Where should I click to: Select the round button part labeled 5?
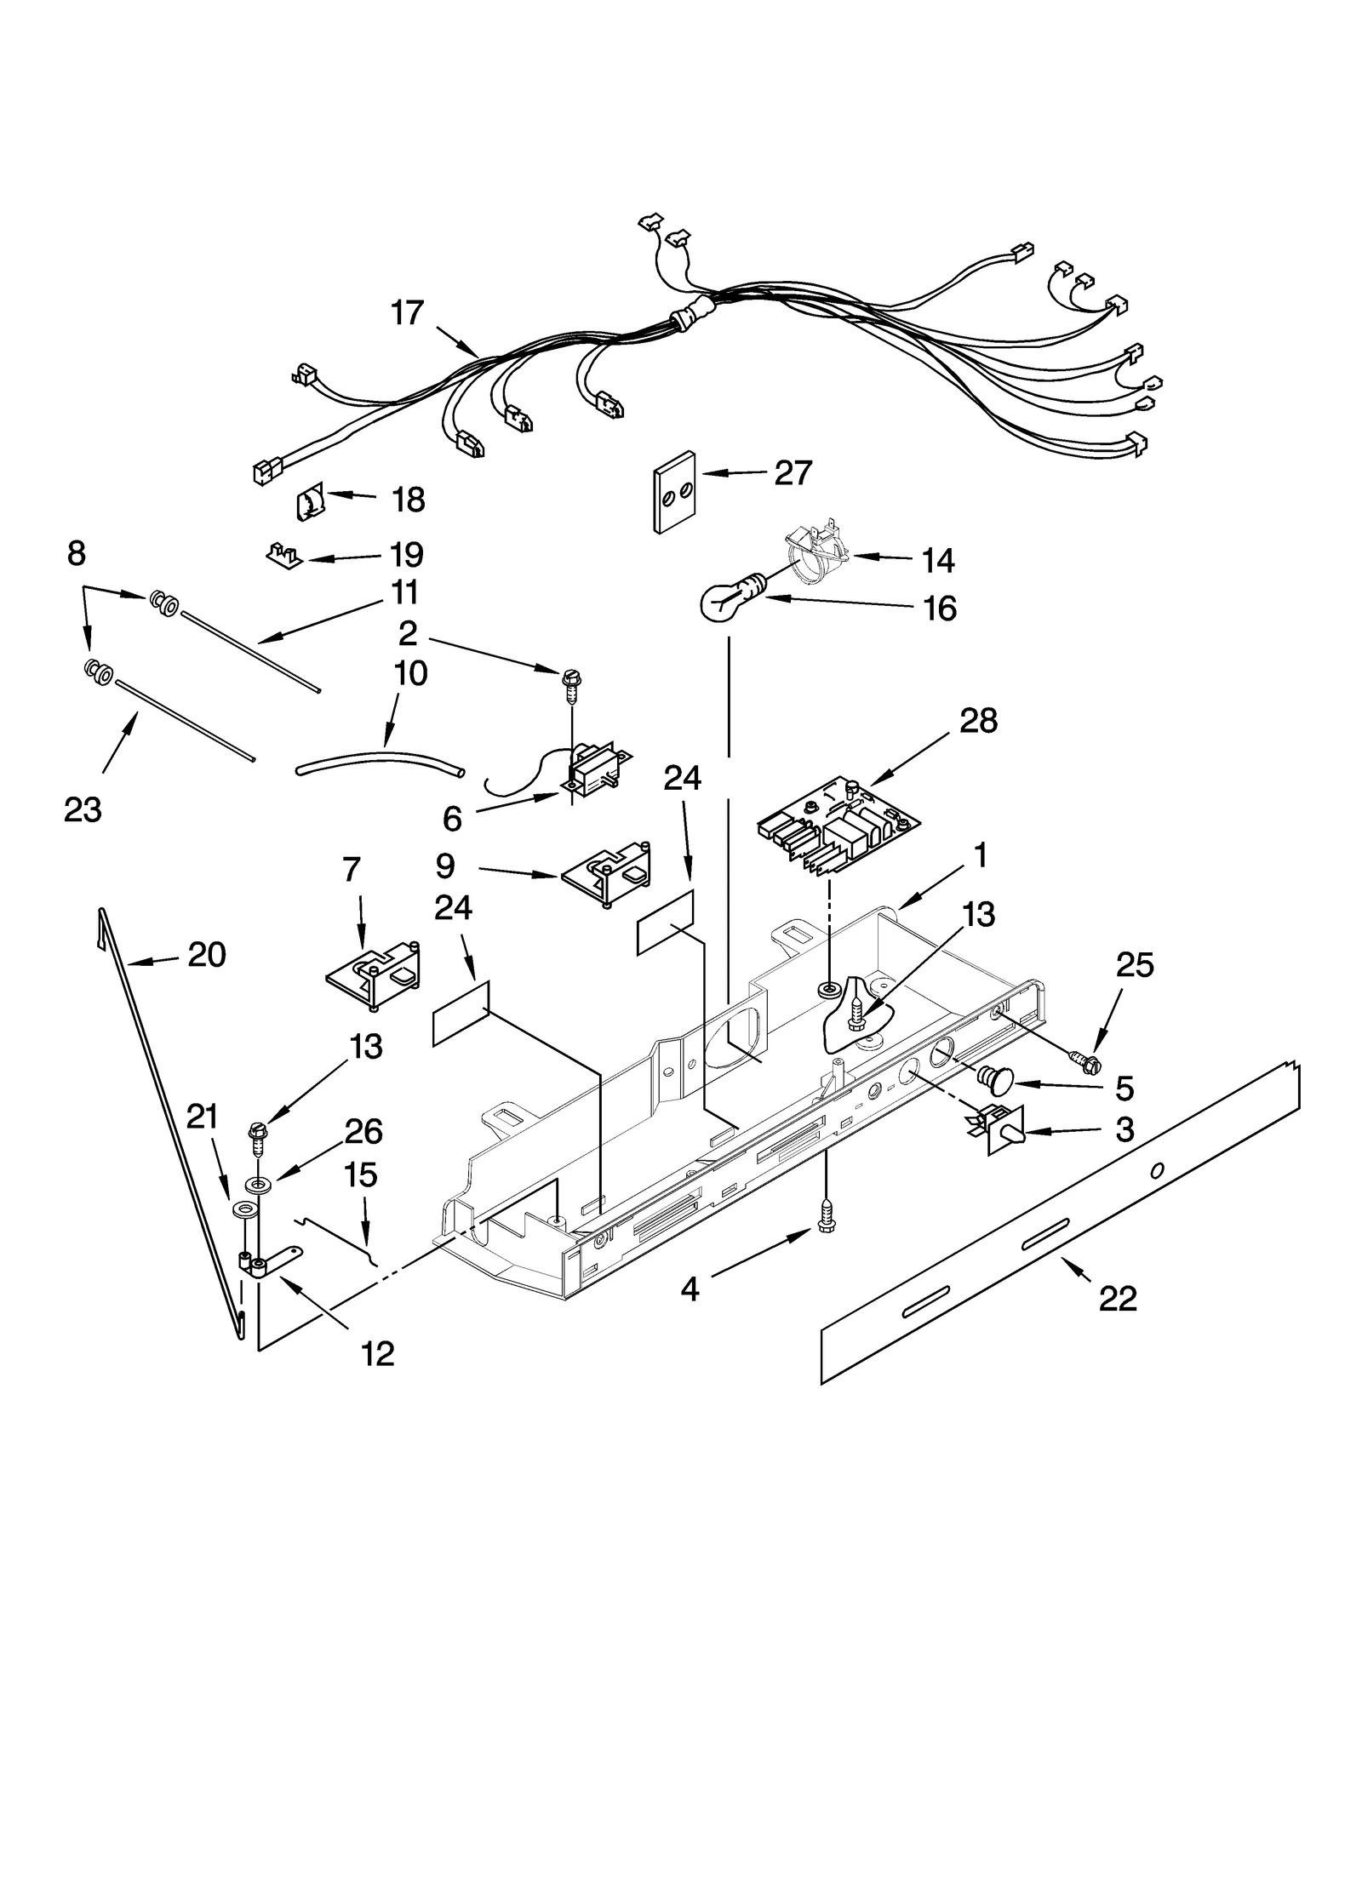[x=994, y=1080]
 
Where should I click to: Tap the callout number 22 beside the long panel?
[x=1117, y=1298]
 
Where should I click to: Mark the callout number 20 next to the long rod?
[x=206, y=954]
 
